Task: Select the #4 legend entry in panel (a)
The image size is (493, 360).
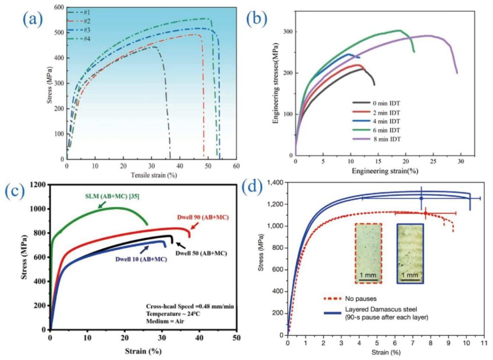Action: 79,38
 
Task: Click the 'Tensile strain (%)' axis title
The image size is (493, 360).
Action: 154,175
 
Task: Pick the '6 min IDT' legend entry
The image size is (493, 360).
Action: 377,130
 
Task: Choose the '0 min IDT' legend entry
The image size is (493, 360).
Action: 377,103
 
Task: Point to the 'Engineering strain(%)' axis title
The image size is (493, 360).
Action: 385,171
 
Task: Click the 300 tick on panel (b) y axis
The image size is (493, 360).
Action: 288,32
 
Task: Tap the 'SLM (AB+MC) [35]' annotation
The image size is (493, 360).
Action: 112,196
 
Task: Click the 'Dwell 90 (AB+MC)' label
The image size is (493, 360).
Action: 203,217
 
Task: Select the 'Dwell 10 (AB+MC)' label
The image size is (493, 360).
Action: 141,259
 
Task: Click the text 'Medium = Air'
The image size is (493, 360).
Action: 165,321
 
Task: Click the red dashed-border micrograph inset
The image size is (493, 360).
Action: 368,253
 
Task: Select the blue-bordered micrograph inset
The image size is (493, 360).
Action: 410,253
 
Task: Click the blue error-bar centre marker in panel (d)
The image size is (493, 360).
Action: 421,198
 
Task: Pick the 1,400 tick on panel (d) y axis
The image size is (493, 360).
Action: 275,182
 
